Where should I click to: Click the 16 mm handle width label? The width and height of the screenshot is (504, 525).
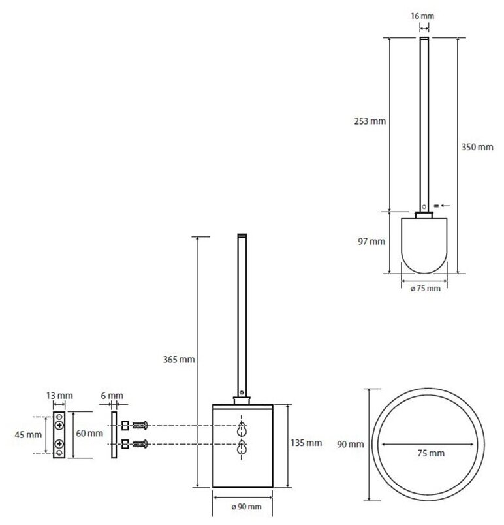[424, 15]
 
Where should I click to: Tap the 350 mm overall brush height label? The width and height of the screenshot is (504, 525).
[477, 148]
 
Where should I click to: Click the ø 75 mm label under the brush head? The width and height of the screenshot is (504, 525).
[424, 288]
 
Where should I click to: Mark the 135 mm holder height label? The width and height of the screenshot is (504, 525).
[306, 442]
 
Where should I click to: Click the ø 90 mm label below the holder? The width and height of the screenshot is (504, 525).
[246, 507]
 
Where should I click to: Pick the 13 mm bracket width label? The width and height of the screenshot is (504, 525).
[60, 395]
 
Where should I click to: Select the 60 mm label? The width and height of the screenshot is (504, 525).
[89, 433]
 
